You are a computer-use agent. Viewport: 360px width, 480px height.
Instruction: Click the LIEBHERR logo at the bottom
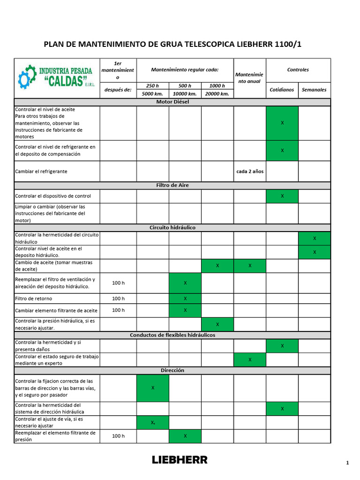click(x=180, y=460)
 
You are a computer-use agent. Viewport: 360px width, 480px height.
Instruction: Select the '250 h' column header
click(x=153, y=86)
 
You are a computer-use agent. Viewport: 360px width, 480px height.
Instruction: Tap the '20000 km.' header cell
click(x=217, y=94)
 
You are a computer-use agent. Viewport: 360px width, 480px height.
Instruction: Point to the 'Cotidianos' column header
click(x=282, y=90)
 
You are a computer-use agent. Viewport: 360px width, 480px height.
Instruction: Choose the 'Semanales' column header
click(x=315, y=90)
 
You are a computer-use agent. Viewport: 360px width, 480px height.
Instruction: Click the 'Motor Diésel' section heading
click(x=172, y=102)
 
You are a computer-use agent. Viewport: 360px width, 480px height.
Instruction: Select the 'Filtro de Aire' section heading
click(x=172, y=186)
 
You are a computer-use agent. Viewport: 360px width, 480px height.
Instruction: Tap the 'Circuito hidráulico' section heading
click(x=172, y=227)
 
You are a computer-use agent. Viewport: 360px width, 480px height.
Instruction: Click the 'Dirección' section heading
click(x=172, y=370)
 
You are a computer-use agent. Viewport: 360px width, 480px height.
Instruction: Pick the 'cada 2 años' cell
click(x=250, y=171)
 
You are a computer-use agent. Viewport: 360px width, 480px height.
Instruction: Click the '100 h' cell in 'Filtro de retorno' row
click(x=119, y=299)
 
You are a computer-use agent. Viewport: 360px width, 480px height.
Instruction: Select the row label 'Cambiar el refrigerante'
click(x=41, y=172)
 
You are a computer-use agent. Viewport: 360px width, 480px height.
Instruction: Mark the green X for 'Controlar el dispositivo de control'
click(x=282, y=196)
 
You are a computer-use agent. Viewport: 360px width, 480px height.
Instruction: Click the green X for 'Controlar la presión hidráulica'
click(x=217, y=324)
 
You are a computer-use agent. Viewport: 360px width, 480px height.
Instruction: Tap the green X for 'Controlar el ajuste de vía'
click(x=153, y=422)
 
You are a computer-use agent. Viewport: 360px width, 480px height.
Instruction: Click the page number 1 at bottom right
click(x=347, y=463)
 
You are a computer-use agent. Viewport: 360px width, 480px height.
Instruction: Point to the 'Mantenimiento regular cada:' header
click(x=185, y=70)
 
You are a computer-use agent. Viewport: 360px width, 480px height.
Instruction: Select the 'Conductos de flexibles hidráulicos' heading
click(x=172, y=335)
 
